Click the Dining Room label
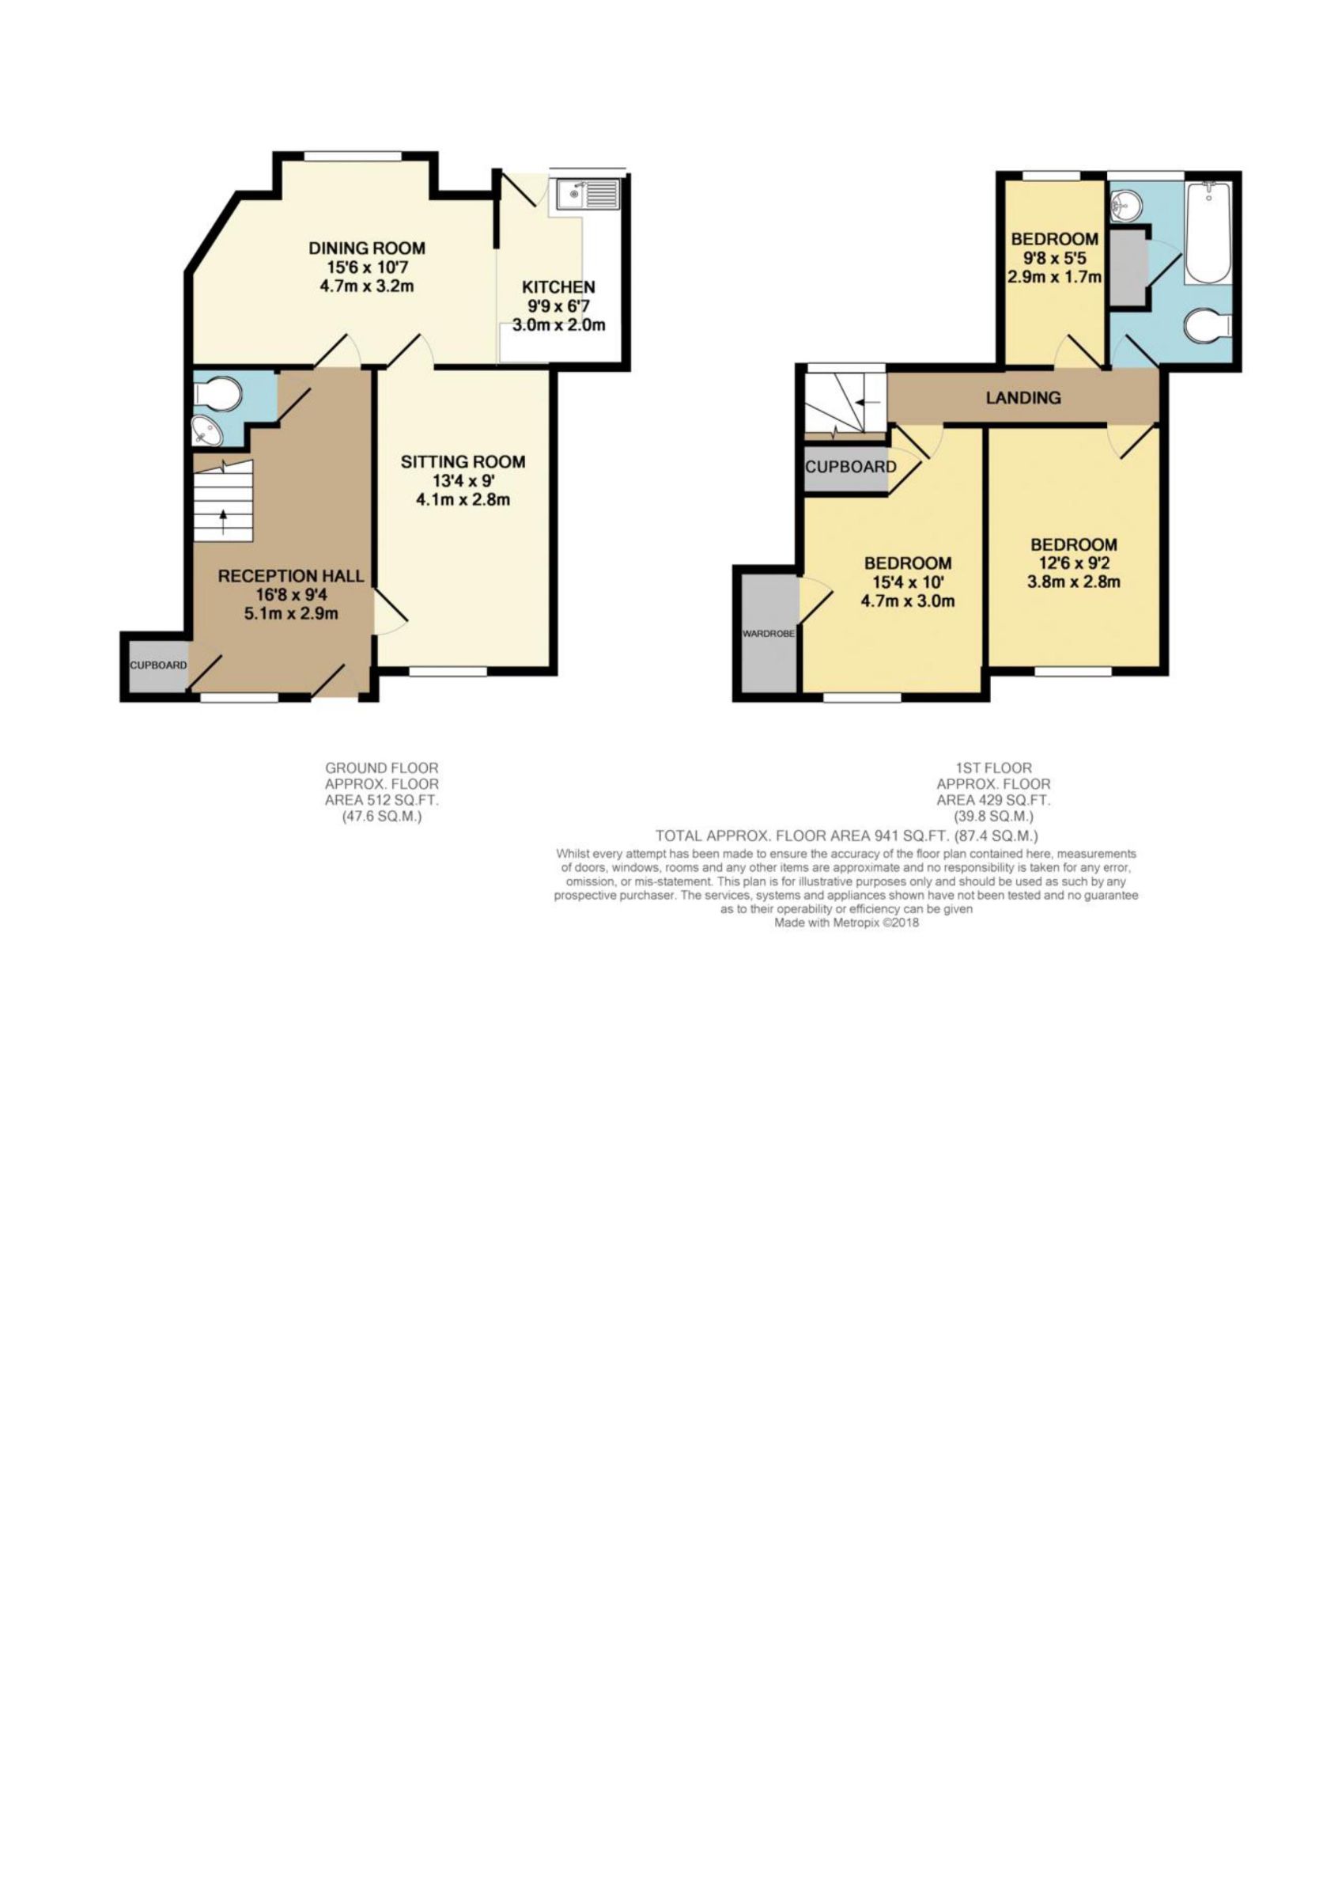[366, 248]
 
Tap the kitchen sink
[588, 195]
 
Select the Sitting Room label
[463, 461]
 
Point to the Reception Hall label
[291, 576]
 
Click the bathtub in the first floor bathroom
[1208, 234]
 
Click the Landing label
[1023, 398]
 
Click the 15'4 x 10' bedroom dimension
[908, 582]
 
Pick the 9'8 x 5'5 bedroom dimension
[1055, 258]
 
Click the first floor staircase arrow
[867, 403]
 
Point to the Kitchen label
[558, 287]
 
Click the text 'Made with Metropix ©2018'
[846, 923]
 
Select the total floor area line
[847, 836]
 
